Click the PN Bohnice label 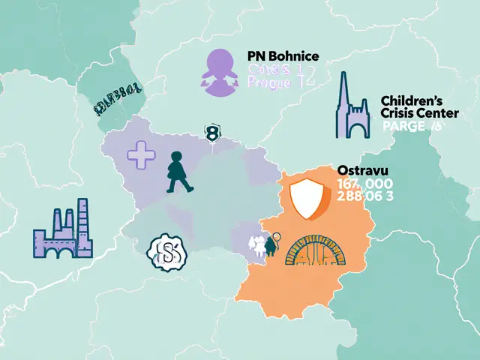click(283, 57)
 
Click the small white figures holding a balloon click(263, 244)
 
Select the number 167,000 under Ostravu click(364, 184)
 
